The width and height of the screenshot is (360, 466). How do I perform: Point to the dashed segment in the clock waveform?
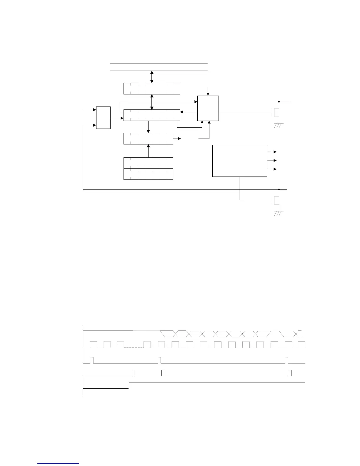134,348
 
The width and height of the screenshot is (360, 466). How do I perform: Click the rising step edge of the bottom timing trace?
129,385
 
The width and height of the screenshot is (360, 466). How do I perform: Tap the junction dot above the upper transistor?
279,102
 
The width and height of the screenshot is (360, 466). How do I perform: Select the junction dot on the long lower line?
279,190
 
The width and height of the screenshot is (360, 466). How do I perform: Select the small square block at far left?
104,118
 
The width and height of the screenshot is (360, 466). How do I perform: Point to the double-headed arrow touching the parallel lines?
152,77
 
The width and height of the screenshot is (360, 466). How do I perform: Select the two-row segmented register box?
148,169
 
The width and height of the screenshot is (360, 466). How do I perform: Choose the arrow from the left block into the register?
117,118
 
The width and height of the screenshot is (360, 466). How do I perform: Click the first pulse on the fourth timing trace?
134,373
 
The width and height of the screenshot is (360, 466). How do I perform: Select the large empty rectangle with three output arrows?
240,161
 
